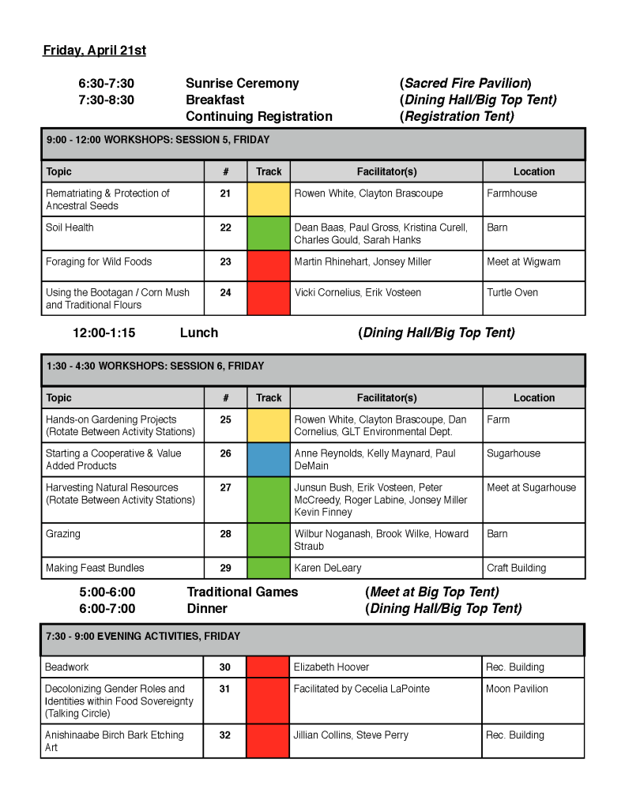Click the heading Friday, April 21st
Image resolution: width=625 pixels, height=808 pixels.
pos(94,51)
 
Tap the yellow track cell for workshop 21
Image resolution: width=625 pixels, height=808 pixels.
pos(269,199)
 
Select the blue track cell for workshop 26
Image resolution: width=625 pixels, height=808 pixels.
pos(269,459)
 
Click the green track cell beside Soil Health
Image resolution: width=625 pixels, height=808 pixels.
pos(269,233)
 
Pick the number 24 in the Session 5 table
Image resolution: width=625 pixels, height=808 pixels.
pos(225,292)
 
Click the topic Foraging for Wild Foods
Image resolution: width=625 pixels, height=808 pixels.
pos(99,261)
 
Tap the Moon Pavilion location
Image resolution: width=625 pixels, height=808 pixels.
pos(517,689)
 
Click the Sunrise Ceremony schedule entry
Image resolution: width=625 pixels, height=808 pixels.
pos(242,83)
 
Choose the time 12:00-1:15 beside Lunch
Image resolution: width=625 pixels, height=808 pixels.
pos(104,333)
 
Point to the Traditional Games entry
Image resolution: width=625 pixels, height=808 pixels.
pos(242,592)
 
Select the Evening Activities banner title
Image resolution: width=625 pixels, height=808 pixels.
pos(142,637)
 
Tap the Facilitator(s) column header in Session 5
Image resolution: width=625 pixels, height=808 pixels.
pos(386,171)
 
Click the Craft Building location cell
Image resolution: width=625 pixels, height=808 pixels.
pos(516,568)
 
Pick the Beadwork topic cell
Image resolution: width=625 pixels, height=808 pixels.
pos(67,667)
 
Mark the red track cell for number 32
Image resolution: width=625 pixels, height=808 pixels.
pos(268,741)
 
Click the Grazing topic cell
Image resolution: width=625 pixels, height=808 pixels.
pos(63,534)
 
